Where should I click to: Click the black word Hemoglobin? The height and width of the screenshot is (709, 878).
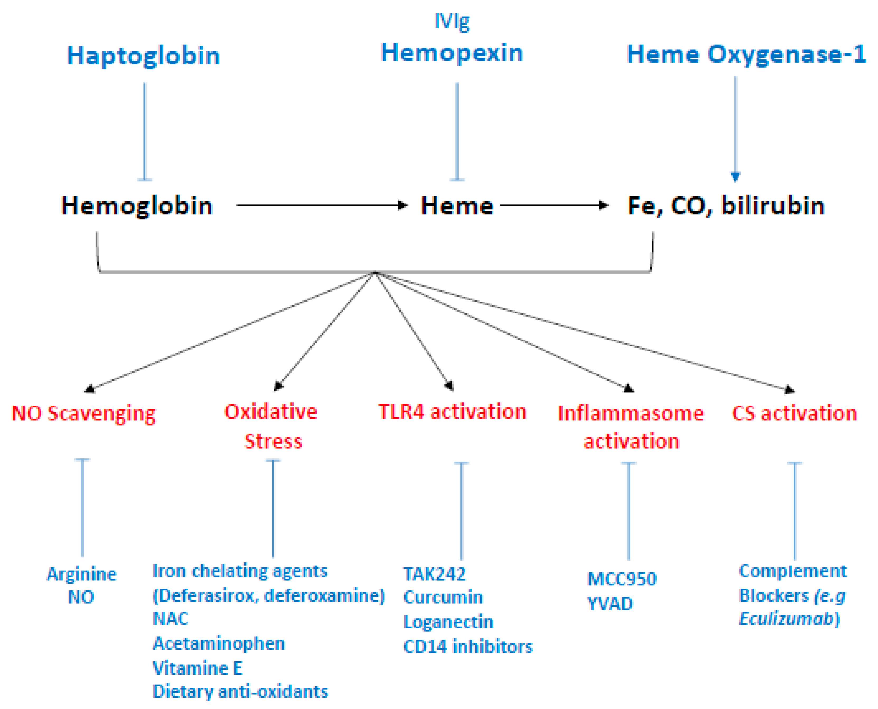pyautogui.click(x=137, y=205)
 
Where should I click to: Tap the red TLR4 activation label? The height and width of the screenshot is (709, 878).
pyautogui.click(x=452, y=412)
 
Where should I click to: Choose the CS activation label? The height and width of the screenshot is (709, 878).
pyautogui.click(x=794, y=413)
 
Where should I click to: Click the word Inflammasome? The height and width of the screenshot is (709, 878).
pyautogui.click(x=630, y=413)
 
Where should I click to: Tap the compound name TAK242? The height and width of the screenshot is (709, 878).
pyautogui.click(x=434, y=574)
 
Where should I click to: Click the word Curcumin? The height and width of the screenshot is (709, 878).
pyautogui.click(x=443, y=597)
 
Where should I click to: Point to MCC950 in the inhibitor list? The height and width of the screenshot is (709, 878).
pyautogui.click(x=622, y=579)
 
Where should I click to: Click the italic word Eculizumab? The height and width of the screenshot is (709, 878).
pyautogui.click(x=786, y=619)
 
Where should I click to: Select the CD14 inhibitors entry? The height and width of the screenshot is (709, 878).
pyautogui.click(x=468, y=647)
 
